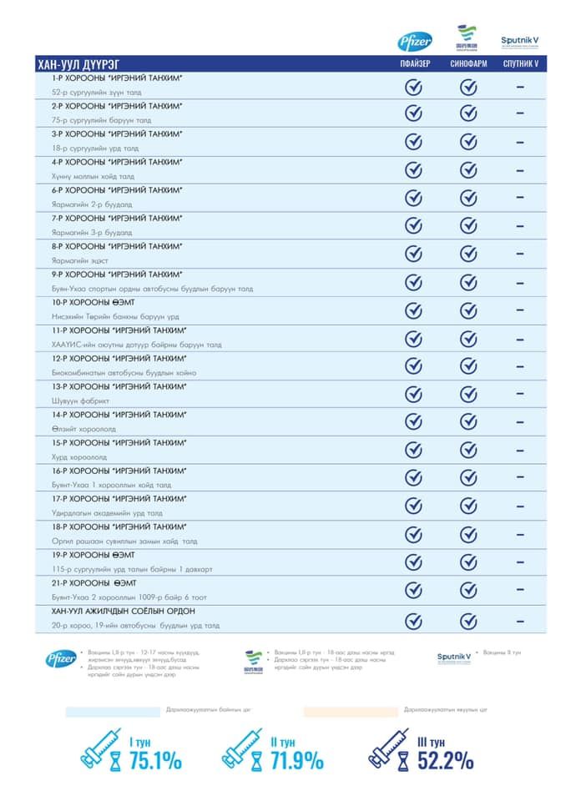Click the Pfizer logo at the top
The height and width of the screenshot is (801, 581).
pos(415,39)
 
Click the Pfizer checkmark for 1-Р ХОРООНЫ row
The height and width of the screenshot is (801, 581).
pos(414,86)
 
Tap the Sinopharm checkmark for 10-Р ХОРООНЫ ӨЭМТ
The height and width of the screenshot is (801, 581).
pos(468,310)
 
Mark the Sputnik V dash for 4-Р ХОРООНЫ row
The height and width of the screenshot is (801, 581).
pos(520,169)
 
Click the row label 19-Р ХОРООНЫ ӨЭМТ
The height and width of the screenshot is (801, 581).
pos(93,555)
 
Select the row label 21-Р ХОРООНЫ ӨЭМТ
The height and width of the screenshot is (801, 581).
pos(93,582)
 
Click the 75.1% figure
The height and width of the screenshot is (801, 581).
pos(154,760)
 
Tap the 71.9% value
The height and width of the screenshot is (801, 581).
pos(296,760)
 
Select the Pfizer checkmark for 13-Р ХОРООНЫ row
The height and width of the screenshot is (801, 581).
pos(414,395)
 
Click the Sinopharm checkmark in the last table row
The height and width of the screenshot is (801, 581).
pos(468,621)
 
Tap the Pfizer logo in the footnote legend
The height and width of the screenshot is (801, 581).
pos(61,659)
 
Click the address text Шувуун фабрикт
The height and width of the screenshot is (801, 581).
pos(76,401)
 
